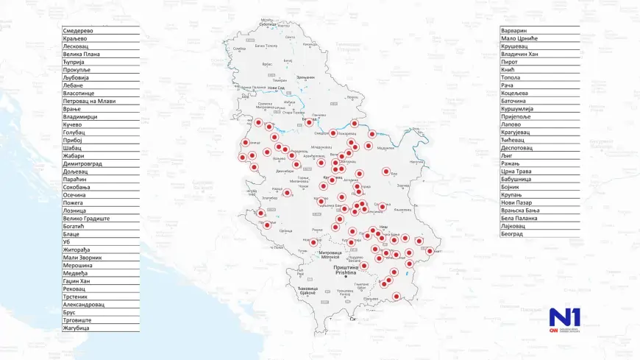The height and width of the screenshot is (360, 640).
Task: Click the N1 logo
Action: click(564, 319)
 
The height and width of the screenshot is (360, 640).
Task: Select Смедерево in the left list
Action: click(79, 30)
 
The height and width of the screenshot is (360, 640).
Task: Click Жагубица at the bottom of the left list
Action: click(77, 328)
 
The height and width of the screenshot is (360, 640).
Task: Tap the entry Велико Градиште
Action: click(86, 218)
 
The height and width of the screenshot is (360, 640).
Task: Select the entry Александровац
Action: click(84, 304)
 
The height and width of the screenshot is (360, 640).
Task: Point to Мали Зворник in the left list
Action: click(82, 258)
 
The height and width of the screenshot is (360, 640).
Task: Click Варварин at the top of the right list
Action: click(515, 30)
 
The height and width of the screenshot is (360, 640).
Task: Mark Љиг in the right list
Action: click(507, 155)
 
